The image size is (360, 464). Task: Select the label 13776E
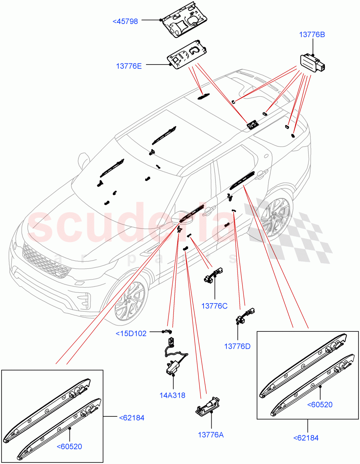[x=129, y=66]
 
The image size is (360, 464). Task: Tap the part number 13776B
[x=312, y=34]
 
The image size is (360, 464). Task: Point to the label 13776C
[x=214, y=306]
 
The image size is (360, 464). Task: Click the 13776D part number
[x=237, y=346]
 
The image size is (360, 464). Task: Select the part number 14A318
[x=173, y=395]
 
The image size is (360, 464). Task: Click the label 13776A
[x=211, y=435]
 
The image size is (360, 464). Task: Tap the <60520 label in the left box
[x=70, y=447]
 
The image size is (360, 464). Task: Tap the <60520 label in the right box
[x=320, y=404]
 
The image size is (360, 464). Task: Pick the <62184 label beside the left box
[x=131, y=418]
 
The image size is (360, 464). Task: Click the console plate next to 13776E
[x=188, y=56]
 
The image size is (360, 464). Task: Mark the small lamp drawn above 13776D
[x=246, y=316]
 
